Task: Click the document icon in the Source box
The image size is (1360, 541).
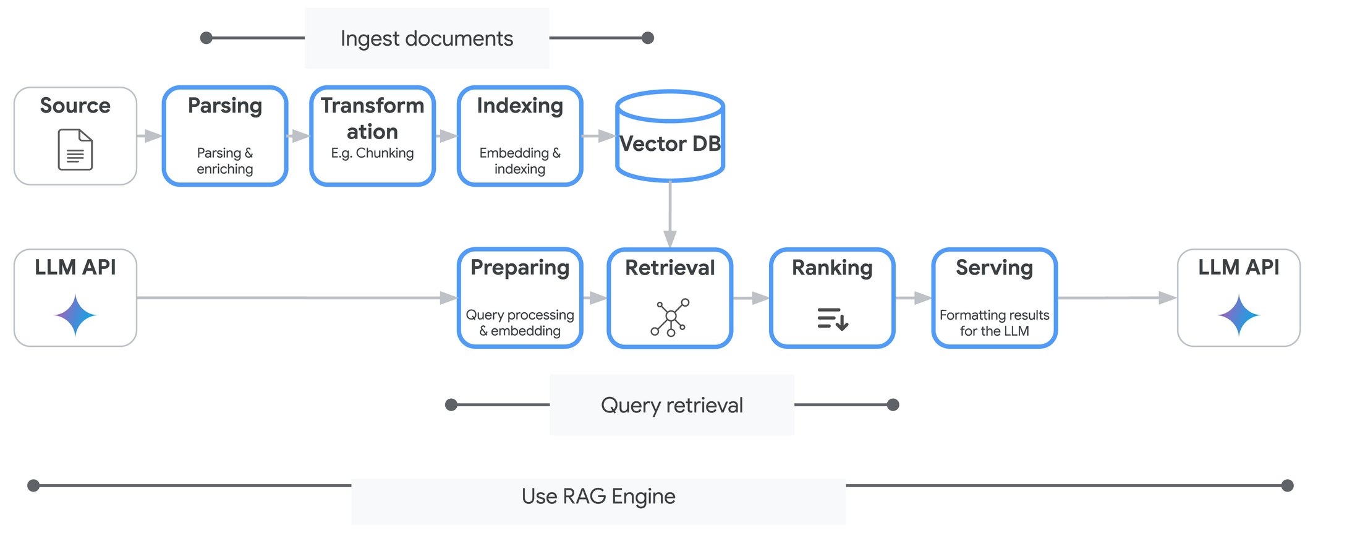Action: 75,149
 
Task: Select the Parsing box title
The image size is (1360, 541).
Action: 225,106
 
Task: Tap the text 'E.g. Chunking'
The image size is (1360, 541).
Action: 372,153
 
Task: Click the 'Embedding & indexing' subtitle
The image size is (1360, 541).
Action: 520,161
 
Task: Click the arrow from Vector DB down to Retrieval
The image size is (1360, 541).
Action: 670,216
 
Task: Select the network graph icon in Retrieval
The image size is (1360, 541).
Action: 670,317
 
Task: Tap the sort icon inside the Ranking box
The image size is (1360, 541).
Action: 832,318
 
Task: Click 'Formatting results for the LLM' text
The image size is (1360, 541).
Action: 994,323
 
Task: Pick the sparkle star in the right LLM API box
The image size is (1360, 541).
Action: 1238,315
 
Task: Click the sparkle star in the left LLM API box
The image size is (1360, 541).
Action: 75,315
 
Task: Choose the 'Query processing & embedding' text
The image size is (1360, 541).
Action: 520,323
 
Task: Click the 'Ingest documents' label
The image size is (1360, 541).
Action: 427,38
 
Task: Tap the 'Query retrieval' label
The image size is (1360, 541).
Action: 672,405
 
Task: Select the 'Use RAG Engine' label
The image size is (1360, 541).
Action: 598,496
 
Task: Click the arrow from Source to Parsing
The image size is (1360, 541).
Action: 149,136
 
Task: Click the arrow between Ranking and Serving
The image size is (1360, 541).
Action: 913,298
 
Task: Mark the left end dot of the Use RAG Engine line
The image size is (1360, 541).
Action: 34,485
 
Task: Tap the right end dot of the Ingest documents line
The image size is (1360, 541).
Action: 648,38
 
